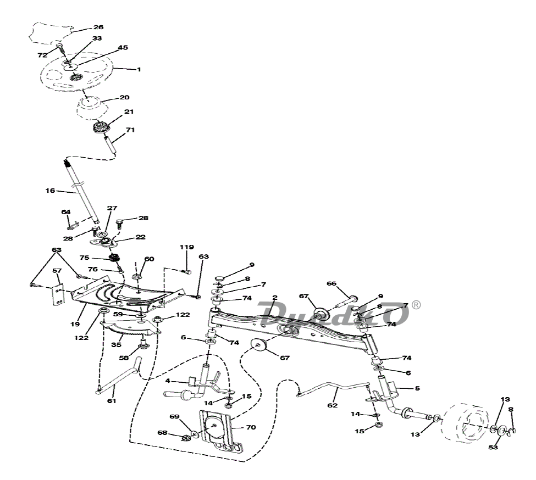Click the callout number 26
97,27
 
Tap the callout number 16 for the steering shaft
51,191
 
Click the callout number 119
186,247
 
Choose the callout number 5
417,388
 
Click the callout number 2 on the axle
275,298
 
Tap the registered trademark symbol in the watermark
416,304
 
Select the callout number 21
129,111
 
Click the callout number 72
42,56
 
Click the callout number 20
124,97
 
